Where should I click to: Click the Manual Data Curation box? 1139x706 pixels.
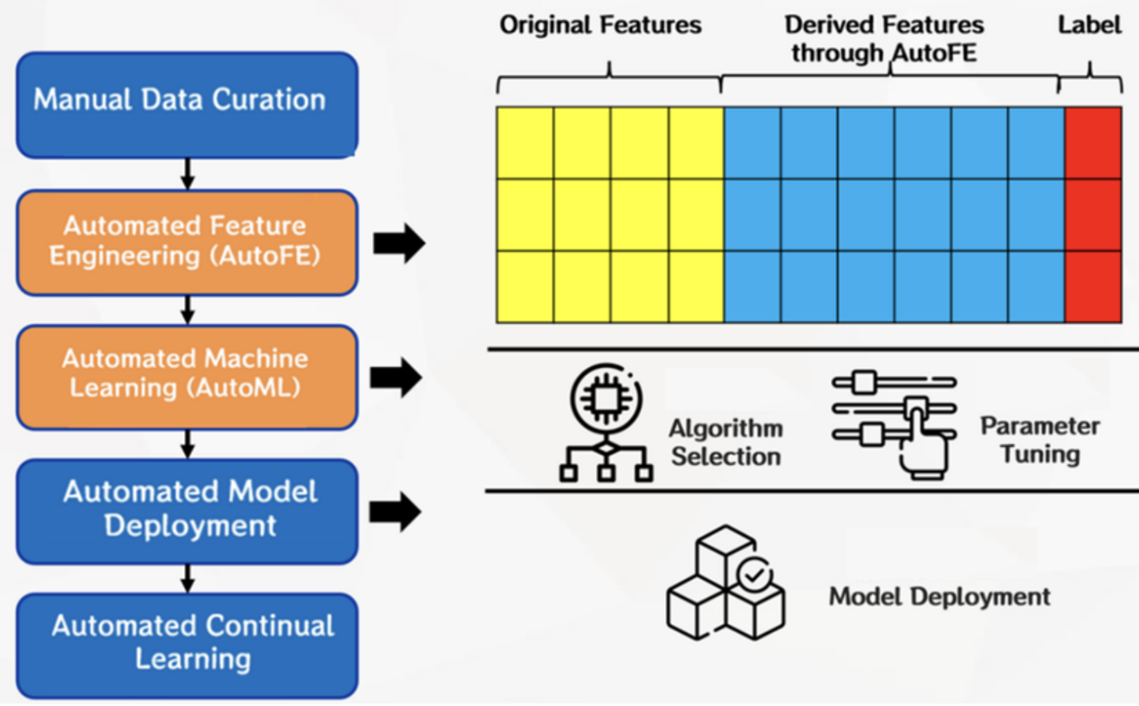tap(187, 105)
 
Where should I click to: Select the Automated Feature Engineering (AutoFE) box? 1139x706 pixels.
tap(187, 242)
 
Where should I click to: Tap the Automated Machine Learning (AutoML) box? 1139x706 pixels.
tap(187, 376)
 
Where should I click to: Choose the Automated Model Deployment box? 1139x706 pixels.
tap(187, 511)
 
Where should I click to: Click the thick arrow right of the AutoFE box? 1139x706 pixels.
tap(399, 243)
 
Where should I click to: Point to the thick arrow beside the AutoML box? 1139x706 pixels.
tap(396, 378)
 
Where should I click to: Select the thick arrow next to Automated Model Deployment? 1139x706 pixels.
tap(395, 512)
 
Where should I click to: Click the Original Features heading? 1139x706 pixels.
tap(600, 26)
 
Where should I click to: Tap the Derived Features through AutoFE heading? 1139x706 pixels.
tap(884, 39)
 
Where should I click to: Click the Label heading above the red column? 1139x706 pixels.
tap(1089, 26)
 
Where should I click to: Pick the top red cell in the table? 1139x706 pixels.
tap(1093, 143)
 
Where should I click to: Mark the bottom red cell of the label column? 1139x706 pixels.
tap(1093, 286)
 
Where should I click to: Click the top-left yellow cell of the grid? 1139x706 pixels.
tap(525, 143)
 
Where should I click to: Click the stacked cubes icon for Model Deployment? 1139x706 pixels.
tap(725, 583)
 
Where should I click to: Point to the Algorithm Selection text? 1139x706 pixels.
tap(726, 442)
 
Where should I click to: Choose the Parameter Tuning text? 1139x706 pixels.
tap(1039, 440)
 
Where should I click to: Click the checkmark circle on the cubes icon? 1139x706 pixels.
tap(754, 574)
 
